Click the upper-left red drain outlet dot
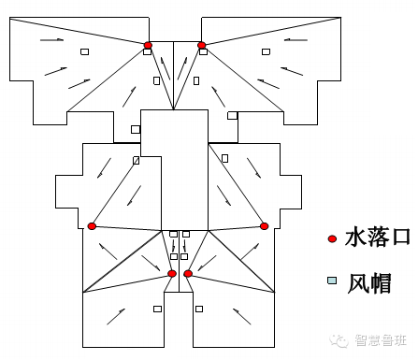click(x=148, y=45)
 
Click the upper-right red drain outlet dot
click(x=201, y=45)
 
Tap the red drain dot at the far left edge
click(x=92, y=226)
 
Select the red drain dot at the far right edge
click(x=265, y=226)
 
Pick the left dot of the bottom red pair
click(x=172, y=273)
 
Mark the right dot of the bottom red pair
click(x=188, y=273)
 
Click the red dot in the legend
click(x=331, y=238)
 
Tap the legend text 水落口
click(x=377, y=238)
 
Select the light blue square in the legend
click(x=331, y=281)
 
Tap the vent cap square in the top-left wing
click(x=84, y=51)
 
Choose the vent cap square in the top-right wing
click(x=267, y=52)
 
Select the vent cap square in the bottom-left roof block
click(x=157, y=309)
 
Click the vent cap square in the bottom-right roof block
click(x=198, y=309)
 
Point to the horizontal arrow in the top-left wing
click(x=52, y=40)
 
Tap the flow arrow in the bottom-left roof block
click(x=116, y=316)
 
